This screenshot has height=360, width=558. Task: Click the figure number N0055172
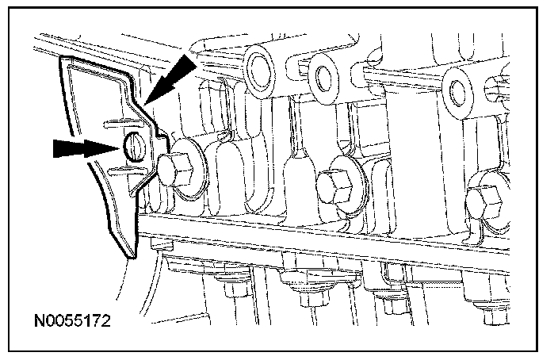pyautogui.click(x=72, y=321)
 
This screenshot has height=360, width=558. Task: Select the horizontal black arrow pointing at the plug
pyautogui.click(x=86, y=148)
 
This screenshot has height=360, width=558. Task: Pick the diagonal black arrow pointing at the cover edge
pyautogui.click(x=171, y=79)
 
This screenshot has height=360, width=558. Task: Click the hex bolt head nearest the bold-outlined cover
pyautogui.click(x=174, y=171)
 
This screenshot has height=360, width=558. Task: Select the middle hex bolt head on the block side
pyautogui.click(x=334, y=186)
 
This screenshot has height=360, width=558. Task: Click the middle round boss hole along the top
pyautogui.click(x=323, y=79)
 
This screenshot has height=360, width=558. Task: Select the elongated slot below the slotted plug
pyautogui.click(x=128, y=171)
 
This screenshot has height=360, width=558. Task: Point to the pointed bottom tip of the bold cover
pyautogui.click(x=132, y=258)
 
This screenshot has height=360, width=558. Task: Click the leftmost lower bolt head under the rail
pyautogui.click(x=235, y=289)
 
